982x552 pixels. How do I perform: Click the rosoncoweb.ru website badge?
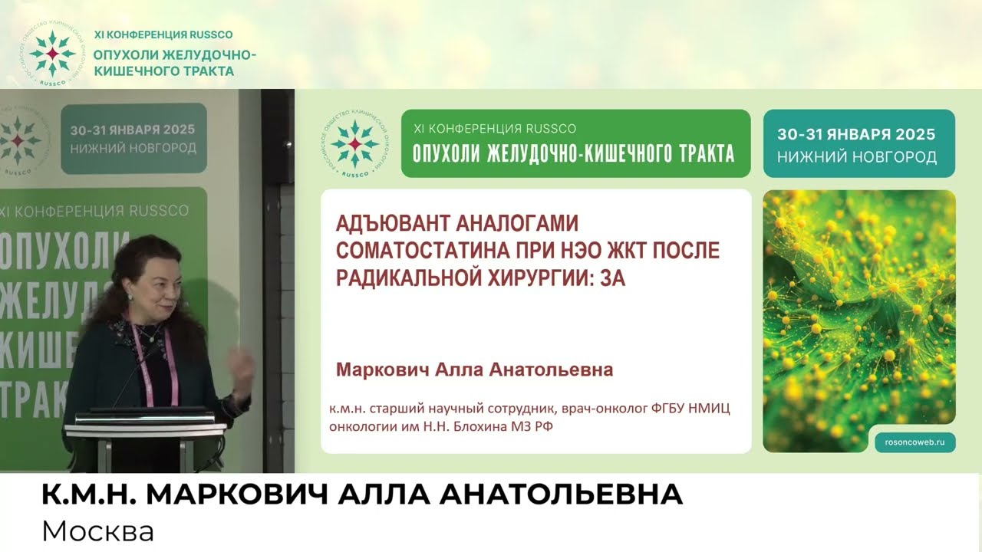click(915, 441)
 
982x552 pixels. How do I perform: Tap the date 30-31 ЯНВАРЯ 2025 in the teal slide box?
click(856, 134)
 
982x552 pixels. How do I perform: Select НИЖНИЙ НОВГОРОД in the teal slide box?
click(856, 157)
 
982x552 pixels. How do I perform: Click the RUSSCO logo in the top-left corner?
click(51, 53)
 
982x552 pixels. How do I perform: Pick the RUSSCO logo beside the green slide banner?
click(354, 144)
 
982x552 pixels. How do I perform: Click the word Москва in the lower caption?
click(98, 531)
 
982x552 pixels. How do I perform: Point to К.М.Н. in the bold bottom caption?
click(89, 495)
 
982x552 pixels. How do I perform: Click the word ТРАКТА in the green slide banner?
click(696, 153)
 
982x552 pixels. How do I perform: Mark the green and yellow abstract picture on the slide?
click(858, 307)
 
